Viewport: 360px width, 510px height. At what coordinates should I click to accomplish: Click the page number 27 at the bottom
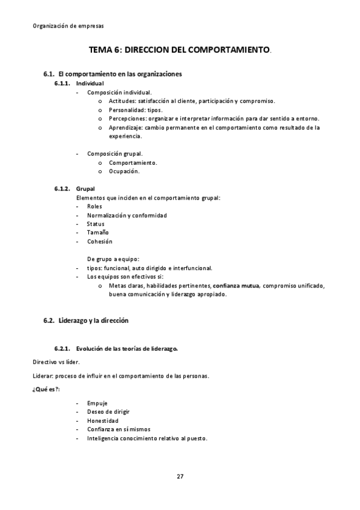tap(180, 477)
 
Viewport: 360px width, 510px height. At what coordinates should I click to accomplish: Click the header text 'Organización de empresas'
tap(68, 26)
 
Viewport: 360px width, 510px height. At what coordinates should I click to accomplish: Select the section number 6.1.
tap(49, 74)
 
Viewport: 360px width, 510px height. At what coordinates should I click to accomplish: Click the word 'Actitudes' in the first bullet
tap(123, 102)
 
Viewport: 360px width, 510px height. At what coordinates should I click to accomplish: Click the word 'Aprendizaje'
tap(126, 127)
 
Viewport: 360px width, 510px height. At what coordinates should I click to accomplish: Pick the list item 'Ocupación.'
tap(124, 171)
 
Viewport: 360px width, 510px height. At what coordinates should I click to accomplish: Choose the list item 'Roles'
tap(94, 206)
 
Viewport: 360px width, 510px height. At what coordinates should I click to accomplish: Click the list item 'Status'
tap(96, 224)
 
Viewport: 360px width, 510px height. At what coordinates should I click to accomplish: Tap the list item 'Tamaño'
tap(97, 232)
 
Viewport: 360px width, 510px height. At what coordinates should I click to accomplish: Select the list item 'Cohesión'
tap(99, 241)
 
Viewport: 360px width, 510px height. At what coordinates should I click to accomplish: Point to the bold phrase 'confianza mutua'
tap(236, 286)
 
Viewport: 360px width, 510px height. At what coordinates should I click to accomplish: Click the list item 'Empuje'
tap(97, 402)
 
